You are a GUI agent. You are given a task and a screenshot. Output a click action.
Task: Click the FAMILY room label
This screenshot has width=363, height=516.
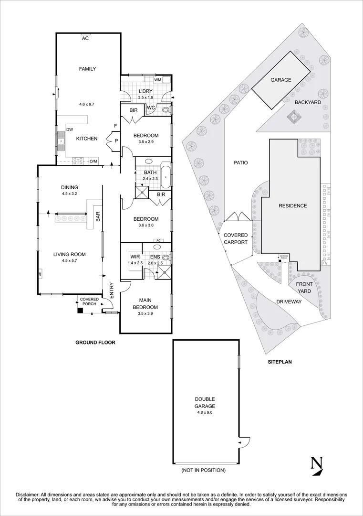87,69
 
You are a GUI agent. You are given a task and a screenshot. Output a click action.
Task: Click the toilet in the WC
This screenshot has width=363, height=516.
166,109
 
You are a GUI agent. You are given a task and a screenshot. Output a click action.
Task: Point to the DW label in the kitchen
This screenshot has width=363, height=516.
70,129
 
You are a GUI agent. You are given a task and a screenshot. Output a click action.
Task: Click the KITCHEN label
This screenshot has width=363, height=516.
87,139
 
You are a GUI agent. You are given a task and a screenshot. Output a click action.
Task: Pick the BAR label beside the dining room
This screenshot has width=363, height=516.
98,216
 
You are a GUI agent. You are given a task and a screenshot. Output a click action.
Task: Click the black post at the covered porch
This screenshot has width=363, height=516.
80,310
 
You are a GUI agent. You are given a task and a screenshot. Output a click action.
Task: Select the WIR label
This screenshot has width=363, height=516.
135,257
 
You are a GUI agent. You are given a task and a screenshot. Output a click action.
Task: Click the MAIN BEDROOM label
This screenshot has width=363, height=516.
145,304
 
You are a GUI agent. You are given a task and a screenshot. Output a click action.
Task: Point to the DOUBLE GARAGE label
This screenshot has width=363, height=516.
205,402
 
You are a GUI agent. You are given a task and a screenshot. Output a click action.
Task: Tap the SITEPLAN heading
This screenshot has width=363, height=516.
279,362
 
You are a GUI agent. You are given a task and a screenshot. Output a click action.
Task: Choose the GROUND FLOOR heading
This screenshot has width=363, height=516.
95,343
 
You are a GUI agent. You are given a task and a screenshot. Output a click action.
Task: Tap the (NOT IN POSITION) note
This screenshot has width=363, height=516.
204,471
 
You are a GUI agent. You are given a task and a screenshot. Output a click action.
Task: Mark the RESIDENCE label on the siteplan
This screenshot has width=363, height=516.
293,206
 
